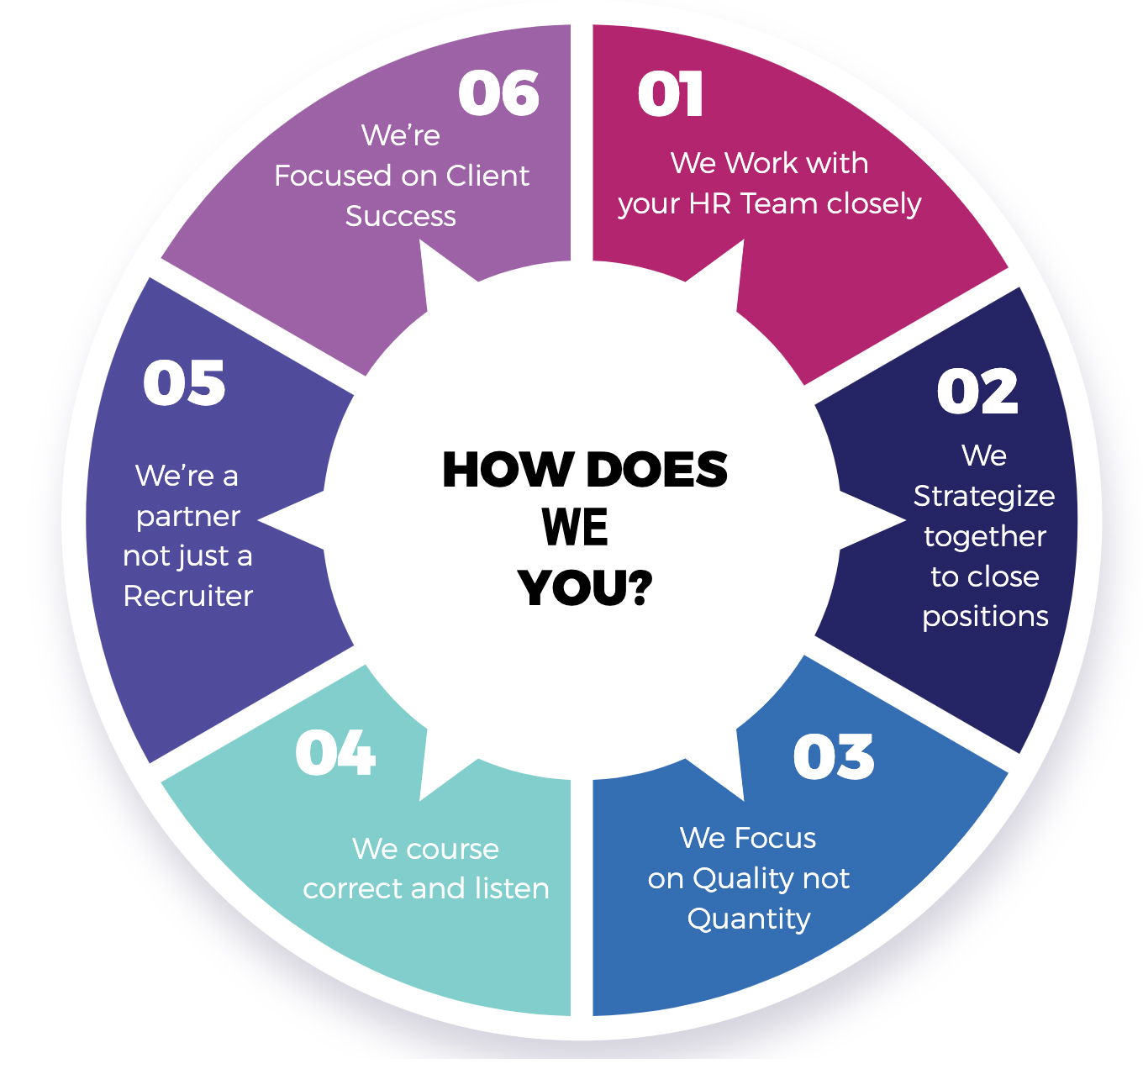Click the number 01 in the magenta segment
pyautogui.click(x=670, y=94)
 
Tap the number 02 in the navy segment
pyautogui.click(x=977, y=392)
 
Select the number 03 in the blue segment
pyautogui.click(x=833, y=756)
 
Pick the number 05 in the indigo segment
pyautogui.click(x=184, y=383)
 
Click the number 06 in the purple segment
pyautogui.click(x=498, y=92)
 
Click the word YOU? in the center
pyautogui.click(x=585, y=587)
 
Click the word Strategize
pyautogui.click(x=984, y=497)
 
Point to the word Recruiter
pyautogui.click(x=187, y=596)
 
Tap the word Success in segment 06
pyautogui.click(x=401, y=216)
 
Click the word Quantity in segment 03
pyautogui.click(x=749, y=919)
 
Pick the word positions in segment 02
pyautogui.click(x=985, y=617)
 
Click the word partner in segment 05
pyautogui.click(x=188, y=517)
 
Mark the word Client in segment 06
pyautogui.click(x=487, y=176)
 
